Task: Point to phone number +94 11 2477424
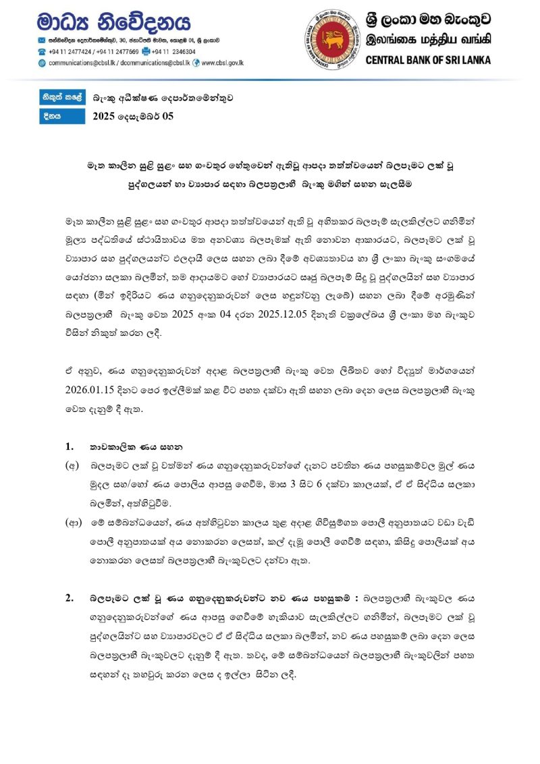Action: [x=69, y=51]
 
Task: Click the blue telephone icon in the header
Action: [x=42, y=51]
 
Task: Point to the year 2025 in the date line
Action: [x=105, y=116]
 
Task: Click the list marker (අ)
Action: [x=71, y=466]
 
